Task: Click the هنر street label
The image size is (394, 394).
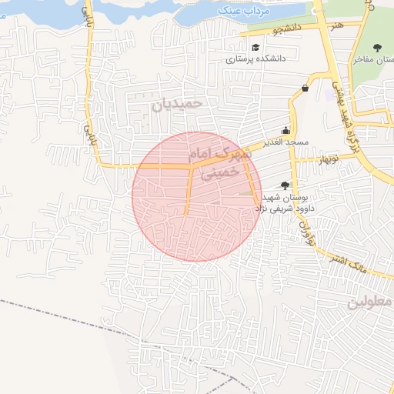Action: (336, 26)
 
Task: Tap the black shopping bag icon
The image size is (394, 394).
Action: (306, 88)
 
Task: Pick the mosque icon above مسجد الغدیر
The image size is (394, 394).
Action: (286, 130)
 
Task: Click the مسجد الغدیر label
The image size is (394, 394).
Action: (284, 142)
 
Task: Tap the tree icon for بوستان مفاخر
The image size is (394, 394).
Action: (376, 48)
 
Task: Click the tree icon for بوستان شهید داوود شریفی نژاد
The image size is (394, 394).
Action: (285, 185)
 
